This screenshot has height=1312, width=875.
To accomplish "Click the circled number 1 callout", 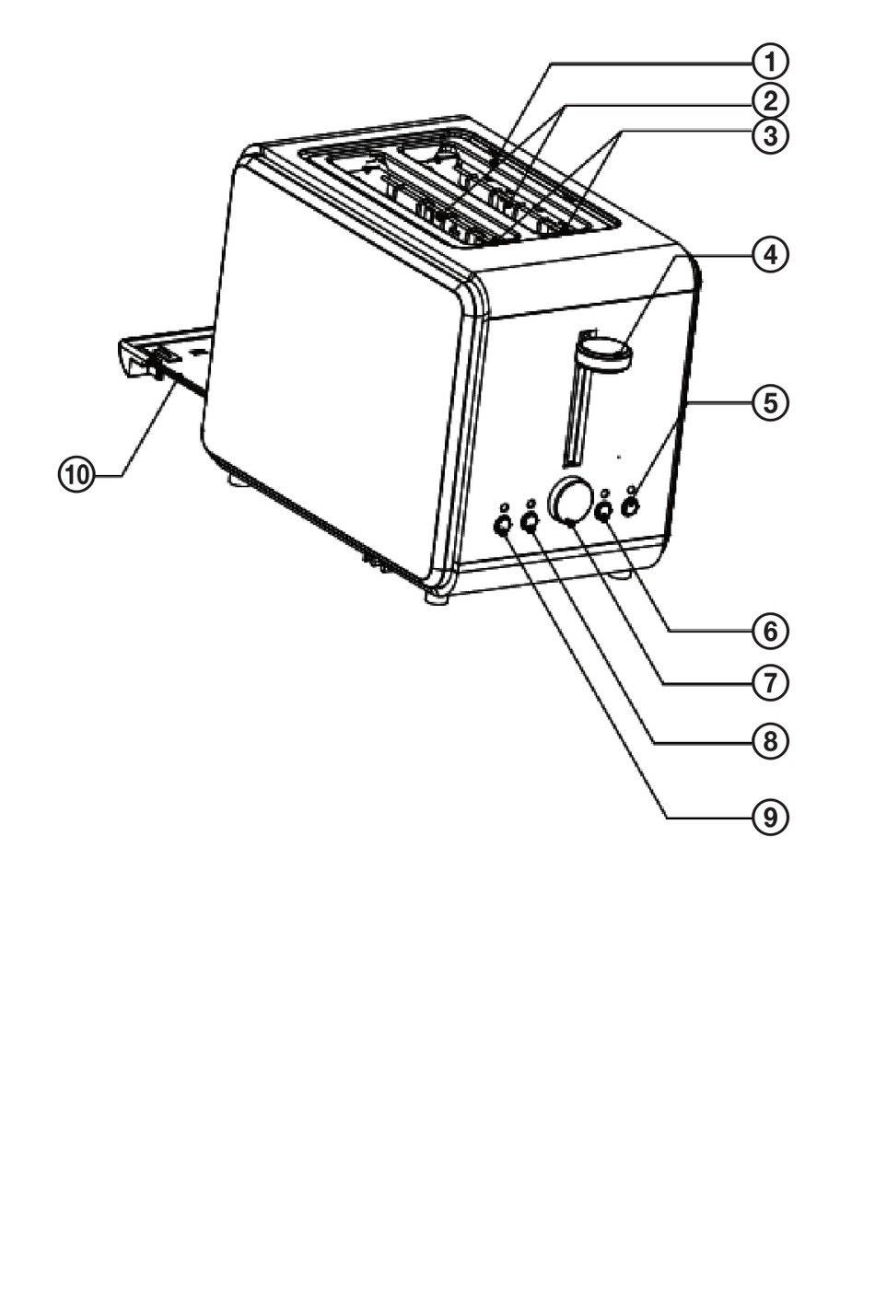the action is click(770, 62).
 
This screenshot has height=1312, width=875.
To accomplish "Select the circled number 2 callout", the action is click(770, 101).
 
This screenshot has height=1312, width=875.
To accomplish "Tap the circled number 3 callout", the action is click(770, 136).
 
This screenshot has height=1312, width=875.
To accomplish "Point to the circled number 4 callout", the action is click(770, 255).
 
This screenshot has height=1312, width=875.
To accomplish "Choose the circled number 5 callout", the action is click(770, 403).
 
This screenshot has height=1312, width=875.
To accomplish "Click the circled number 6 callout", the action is click(770, 632).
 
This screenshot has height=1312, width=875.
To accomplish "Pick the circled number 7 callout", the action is click(770, 683).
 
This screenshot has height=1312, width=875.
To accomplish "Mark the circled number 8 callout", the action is click(770, 742).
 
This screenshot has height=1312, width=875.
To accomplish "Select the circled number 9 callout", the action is click(770, 817).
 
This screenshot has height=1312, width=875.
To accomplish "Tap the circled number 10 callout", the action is click(76, 474).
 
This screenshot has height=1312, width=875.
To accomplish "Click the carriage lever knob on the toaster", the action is click(603, 352).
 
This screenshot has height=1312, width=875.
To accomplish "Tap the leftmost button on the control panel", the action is click(503, 526).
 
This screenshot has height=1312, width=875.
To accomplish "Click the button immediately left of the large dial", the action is click(530, 521).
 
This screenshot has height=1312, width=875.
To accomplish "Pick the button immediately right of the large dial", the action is click(603, 511).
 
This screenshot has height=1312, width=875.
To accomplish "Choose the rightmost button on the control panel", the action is click(630, 507).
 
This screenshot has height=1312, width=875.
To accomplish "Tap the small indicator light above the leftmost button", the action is click(503, 506).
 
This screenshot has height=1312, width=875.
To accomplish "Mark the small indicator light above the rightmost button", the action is click(630, 489).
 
